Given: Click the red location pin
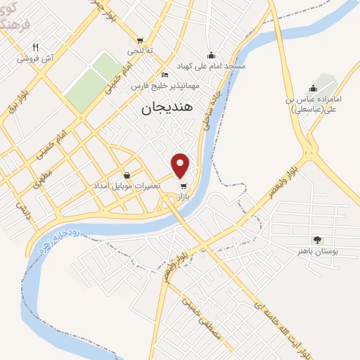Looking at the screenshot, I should (181, 165).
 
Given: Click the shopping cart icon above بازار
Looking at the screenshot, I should (184, 186).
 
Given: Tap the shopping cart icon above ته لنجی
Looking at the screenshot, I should (140, 40).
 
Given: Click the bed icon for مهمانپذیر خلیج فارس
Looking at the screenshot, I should (165, 75).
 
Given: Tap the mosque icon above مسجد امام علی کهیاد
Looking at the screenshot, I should (211, 55).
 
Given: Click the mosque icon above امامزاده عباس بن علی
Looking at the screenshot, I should (313, 88).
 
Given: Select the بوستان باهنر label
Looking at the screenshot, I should (318, 250).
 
